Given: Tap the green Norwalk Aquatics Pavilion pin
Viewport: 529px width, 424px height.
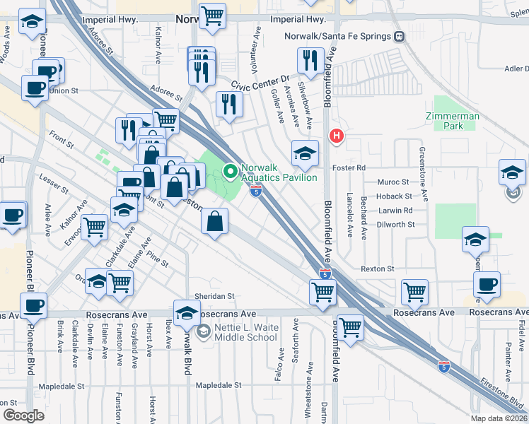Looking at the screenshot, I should [x=229, y=170].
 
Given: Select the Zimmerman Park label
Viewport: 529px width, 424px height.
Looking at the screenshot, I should [x=453, y=121].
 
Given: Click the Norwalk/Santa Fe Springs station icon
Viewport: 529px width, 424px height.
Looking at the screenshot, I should [x=400, y=36].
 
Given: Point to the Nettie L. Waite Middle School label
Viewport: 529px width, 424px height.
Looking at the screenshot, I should [x=238, y=332].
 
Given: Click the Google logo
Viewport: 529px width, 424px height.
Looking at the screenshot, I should [x=23, y=415].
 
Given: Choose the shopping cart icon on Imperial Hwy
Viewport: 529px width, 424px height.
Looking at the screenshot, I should [x=211, y=16].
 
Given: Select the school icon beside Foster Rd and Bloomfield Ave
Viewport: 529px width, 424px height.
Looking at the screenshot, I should [x=305, y=153].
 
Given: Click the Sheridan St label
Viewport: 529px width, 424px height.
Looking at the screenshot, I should [x=215, y=296].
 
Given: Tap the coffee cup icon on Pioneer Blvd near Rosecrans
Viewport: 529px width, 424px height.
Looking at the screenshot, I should [x=34, y=305].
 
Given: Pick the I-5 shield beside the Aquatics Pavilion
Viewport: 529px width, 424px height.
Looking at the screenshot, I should [x=256, y=189].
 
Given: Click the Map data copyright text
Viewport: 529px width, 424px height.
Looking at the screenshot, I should [x=499, y=418].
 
